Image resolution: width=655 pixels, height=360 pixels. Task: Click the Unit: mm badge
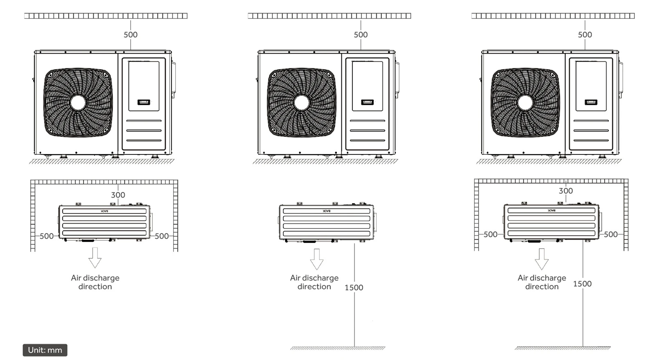click(x=45, y=350)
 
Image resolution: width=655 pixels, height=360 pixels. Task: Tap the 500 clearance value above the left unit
click(x=131, y=35)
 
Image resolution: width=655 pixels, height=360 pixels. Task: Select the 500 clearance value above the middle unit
click(x=361, y=35)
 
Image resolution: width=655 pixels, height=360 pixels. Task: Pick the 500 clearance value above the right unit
click(x=585, y=35)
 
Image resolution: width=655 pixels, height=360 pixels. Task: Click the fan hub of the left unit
click(x=78, y=103)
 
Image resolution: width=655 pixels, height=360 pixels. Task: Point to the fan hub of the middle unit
click(x=302, y=103)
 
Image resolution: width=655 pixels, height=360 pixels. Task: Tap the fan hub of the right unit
click(x=525, y=103)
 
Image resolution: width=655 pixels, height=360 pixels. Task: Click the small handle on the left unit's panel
click(x=144, y=102)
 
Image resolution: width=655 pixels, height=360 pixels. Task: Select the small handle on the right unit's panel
click(x=591, y=102)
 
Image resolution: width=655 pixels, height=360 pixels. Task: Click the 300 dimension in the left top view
click(x=118, y=195)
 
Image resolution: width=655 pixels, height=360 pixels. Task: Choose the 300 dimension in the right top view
click(x=566, y=191)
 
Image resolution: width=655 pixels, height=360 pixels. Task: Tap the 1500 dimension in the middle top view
click(x=354, y=288)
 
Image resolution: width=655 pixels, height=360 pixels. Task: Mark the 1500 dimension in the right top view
click(x=582, y=284)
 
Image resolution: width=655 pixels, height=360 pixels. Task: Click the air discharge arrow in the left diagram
click(x=95, y=258)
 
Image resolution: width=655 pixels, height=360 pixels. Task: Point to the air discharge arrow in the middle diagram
click(x=317, y=259)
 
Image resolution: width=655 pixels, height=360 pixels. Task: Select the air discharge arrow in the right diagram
click(x=542, y=259)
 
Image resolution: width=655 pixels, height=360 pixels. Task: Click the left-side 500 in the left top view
click(x=47, y=236)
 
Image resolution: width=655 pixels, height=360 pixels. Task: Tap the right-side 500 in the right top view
click(x=611, y=235)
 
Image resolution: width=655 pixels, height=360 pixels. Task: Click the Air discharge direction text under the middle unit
click(x=314, y=282)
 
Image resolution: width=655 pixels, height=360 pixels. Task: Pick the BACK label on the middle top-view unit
click(x=326, y=211)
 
